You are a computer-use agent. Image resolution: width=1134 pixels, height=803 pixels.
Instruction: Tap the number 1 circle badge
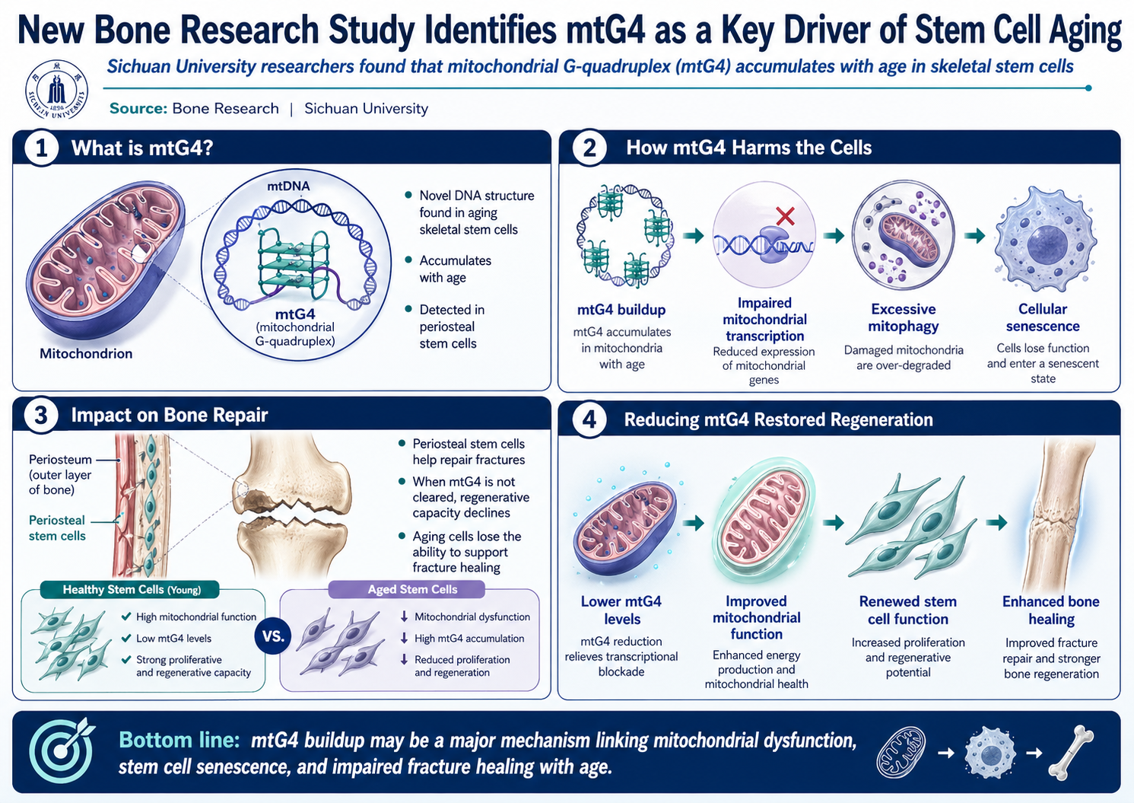pyautogui.click(x=41, y=148)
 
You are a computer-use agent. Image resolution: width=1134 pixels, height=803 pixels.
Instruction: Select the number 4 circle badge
pyautogui.click(x=589, y=419)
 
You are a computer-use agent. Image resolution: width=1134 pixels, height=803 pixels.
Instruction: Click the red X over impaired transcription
pyautogui.click(x=785, y=216)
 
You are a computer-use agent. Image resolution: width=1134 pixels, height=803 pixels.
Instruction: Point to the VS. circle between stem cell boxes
pyautogui.click(x=273, y=636)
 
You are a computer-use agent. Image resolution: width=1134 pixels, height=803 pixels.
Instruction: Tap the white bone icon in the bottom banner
pyautogui.click(x=1070, y=753)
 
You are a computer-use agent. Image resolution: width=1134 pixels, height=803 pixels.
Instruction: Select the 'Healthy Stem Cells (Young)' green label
pyautogui.click(x=132, y=590)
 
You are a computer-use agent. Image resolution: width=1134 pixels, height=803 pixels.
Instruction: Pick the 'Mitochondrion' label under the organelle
pyautogui.click(x=86, y=354)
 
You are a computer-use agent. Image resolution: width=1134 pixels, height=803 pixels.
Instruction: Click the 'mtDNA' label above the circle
pyautogui.click(x=288, y=186)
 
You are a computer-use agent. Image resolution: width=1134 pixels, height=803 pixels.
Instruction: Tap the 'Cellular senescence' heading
pyautogui.click(x=1042, y=317)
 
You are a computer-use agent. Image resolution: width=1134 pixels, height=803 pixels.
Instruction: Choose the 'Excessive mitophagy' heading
pyautogui.click(x=903, y=317)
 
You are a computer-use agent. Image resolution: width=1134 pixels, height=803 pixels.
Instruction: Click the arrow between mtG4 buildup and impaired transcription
pyautogui.click(x=693, y=236)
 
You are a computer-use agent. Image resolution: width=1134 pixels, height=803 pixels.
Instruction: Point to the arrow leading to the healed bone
pyautogui.click(x=996, y=522)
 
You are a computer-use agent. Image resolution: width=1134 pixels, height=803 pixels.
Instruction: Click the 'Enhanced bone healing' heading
pyautogui.click(x=1050, y=610)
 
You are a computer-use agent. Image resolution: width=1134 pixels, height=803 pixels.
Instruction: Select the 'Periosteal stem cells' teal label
pyautogui.click(x=57, y=527)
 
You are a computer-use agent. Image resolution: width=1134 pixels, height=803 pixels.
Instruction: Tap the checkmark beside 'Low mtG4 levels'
pyautogui.click(x=126, y=638)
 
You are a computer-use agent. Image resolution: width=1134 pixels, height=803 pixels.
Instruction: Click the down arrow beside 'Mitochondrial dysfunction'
pyautogui.click(x=404, y=617)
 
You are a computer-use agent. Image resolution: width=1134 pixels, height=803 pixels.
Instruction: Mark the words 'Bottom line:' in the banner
pyautogui.click(x=179, y=741)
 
